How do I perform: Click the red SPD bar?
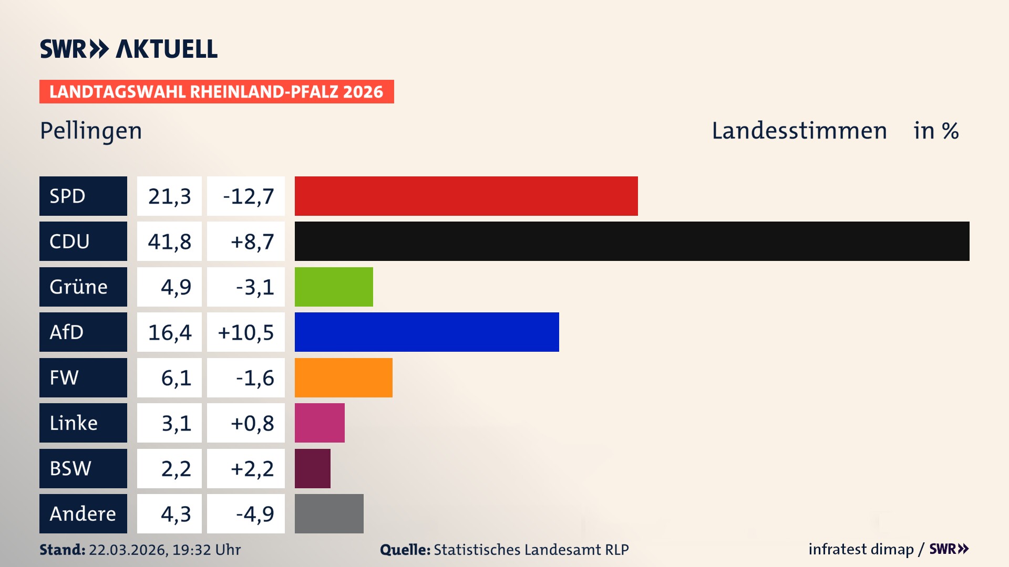pos(466,196)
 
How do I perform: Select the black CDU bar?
pos(632,241)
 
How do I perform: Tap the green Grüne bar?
pos(334,287)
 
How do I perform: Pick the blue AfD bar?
pos(427,332)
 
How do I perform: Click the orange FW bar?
pos(343,377)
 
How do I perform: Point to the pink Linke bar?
pos(320,423)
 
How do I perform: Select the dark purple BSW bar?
pos(312,468)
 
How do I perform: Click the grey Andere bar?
pos(329,513)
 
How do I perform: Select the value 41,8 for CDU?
pos(169,241)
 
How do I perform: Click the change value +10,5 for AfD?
pos(246,332)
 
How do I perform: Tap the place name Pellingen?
pos(91,131)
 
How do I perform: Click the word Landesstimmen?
pos(799,131)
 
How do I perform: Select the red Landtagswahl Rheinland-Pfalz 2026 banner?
pos(217,91)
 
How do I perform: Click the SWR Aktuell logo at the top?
pos(128,49)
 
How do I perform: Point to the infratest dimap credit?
pos(861,549)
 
